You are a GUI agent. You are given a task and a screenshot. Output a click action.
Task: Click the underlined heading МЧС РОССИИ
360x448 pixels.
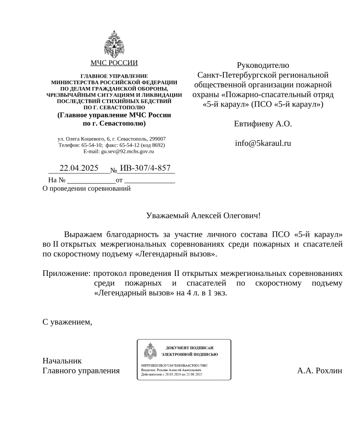point(114,63)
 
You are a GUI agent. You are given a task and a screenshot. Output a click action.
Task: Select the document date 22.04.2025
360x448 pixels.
point(79,168)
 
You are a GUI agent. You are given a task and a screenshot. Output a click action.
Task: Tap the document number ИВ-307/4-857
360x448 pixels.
point(145,168)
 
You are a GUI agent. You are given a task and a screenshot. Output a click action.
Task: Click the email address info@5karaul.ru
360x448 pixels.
point(263,143)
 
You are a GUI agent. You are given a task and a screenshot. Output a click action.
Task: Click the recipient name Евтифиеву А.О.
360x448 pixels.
point(263,123)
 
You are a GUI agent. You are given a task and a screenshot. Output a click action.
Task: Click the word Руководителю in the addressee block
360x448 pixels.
point(263,65)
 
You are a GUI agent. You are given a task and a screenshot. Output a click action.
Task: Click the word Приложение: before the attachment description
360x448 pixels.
point(66,274)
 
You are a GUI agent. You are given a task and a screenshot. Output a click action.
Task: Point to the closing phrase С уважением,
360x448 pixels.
point(67,322)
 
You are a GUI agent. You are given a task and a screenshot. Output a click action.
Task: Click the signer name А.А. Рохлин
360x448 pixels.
point(319,371)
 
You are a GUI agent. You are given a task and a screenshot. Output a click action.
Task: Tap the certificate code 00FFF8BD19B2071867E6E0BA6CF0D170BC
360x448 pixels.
point(175,365)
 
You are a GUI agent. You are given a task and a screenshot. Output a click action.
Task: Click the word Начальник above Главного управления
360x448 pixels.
point(62,361)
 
